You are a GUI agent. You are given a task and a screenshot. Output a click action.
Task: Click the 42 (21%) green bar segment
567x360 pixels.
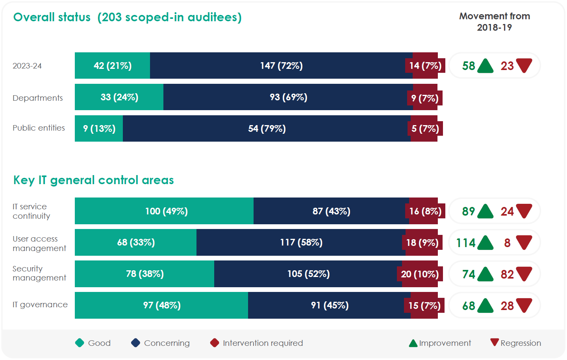(113, 66)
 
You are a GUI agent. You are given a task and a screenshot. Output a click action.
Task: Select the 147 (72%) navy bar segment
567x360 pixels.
(281, 66)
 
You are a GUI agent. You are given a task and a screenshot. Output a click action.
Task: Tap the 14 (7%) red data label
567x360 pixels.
(425, 66)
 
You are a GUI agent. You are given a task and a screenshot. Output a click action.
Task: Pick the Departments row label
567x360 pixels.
(38, 98)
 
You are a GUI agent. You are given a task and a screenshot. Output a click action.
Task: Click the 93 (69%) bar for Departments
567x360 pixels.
(288, 97)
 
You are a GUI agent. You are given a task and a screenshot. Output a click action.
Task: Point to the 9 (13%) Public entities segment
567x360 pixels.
(99, 129)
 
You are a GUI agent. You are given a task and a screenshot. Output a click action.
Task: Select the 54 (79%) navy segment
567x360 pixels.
(267, 129)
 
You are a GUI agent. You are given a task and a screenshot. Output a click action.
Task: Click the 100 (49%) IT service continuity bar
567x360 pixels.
(166, 211)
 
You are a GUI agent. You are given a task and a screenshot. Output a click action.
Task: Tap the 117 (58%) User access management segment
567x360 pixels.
(301, 242)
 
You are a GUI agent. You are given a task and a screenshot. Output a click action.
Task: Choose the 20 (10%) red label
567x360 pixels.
(420, 274)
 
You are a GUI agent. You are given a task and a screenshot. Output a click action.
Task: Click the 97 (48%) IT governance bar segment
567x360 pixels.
(161, 305)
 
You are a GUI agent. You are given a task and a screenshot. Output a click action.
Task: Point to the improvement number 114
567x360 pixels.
(466, 243)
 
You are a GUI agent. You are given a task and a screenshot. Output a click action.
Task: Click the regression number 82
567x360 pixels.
(507, 274)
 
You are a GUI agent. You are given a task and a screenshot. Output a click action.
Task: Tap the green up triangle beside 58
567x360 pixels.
(485, 66)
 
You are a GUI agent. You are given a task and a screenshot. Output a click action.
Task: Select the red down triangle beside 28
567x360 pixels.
(524, 305)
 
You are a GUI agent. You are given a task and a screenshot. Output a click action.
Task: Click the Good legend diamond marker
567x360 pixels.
(80, 343)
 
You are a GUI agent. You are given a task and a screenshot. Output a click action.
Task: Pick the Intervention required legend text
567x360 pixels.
(263, 343)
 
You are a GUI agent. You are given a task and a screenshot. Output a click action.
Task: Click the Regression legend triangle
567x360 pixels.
(495, 342)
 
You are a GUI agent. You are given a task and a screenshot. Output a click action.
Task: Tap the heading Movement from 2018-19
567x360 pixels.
(495, 22)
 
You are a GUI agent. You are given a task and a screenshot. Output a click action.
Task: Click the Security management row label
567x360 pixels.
(39, 273)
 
